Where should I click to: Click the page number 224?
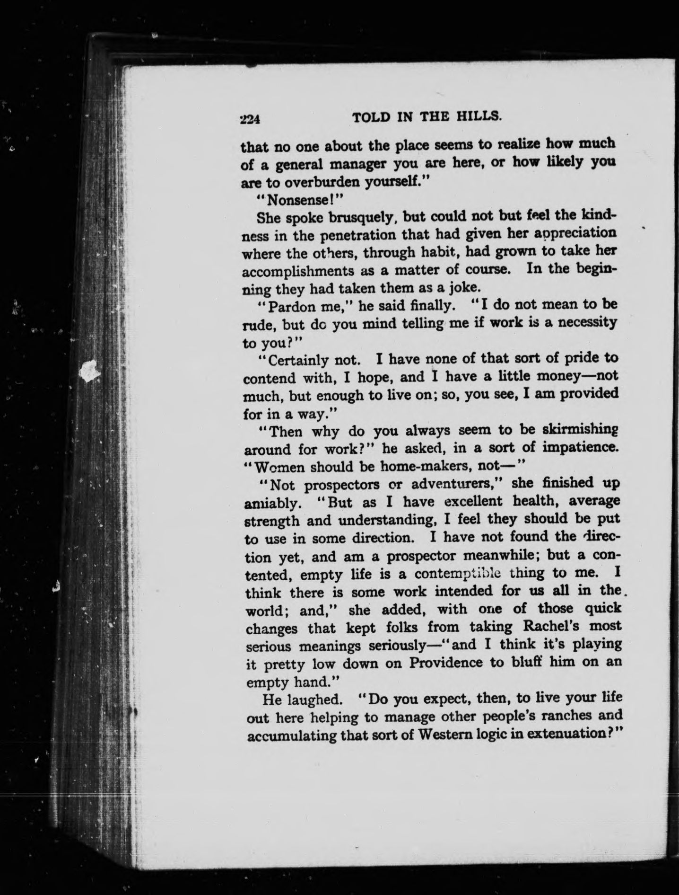(250, 119)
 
